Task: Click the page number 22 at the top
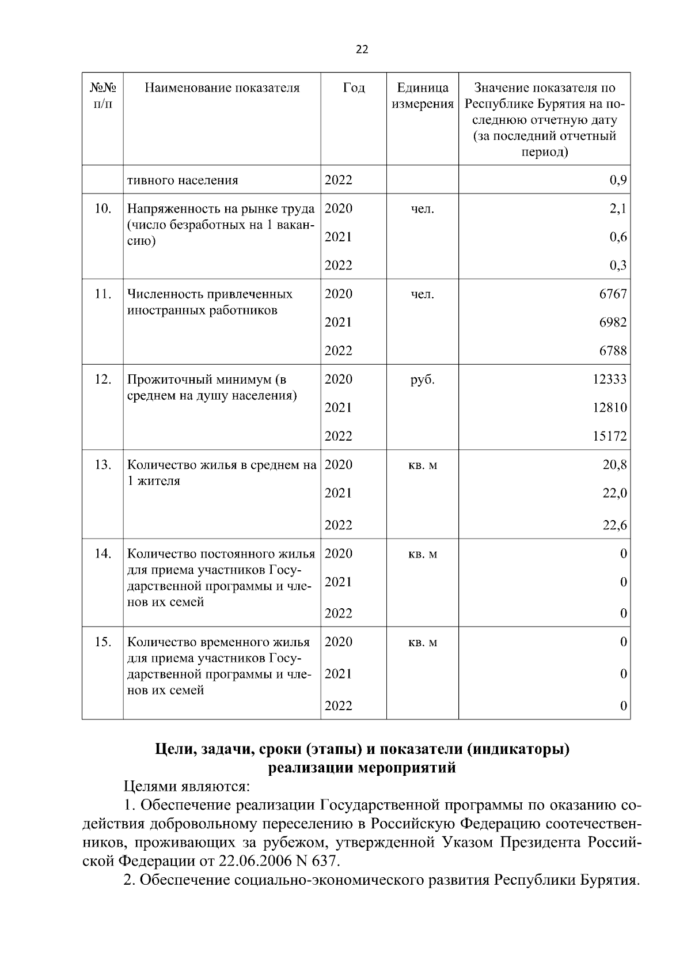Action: coord(362,50)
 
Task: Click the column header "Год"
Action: coord(354,88)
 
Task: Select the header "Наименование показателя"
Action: coord(222,88)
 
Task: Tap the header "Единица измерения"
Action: coord(423,96)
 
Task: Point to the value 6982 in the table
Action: coord(613,323)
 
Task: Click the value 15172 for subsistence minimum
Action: coord(610,437)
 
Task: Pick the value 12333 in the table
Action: coord(610,380)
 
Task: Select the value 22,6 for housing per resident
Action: coord(614,525)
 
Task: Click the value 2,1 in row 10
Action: coord(618,209)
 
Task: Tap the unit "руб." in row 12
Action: coord(423,380)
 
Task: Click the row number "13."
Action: coord(102,465)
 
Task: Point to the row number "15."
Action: coord(102,642)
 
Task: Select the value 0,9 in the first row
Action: coord(618,181)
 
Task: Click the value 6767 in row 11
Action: coord(613,294)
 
